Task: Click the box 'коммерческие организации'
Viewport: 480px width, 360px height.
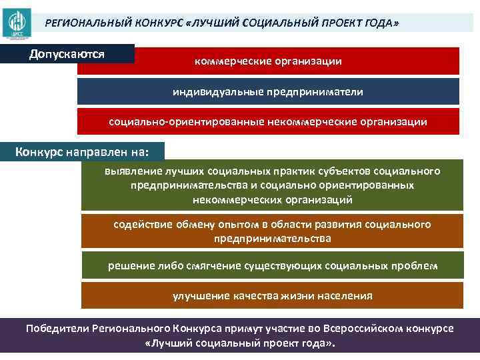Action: click(268, 61)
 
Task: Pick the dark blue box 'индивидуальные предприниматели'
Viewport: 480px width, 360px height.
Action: click(268, 91)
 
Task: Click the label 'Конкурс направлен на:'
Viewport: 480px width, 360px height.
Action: click(81, 151)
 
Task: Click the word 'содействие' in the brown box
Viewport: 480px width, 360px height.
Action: click(140, 225)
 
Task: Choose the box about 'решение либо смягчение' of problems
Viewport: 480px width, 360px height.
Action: click(273, 265)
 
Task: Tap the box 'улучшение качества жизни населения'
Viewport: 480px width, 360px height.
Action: click(273, 295)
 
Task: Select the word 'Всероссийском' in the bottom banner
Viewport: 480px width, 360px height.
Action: click(365, 329)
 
